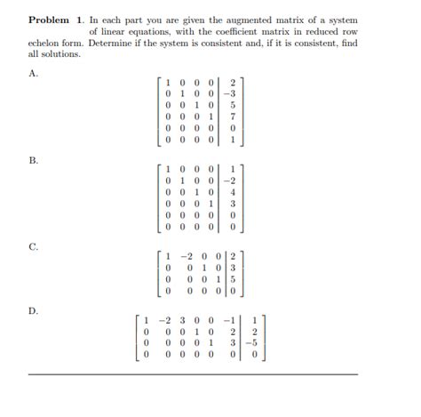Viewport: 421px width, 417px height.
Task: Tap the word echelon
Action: click(46, 42)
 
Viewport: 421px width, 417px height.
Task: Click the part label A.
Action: click(34, 74)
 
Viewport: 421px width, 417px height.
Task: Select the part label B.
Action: click(34, 160)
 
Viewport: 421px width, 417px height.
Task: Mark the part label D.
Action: click(34, 310)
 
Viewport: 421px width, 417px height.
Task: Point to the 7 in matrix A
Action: click(231, 115)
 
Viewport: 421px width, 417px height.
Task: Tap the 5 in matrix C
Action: click(233, 278)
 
